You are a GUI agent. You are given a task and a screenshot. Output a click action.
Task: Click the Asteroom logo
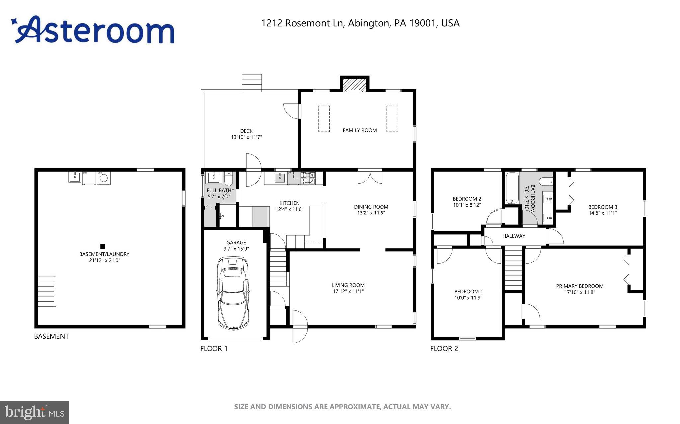tap(93, 30)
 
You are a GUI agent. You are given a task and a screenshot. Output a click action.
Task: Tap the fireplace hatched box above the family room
tap(355, 85)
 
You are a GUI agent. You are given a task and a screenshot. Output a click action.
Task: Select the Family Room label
tap(360, 130)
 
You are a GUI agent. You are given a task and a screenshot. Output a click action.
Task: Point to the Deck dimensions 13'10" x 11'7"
tap(246, 137)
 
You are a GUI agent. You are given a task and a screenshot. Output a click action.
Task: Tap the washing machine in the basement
tap(104, 178)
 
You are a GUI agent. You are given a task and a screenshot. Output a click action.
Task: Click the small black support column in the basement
tap(103, 246)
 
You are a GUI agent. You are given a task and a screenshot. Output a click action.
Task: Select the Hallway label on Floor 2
tap(514, 236)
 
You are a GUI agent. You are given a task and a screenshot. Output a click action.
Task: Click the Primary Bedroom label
tap(580, 286)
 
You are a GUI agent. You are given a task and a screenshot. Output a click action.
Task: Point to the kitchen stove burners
tap(308, 178)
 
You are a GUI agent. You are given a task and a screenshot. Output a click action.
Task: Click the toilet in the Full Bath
tap(229, 179)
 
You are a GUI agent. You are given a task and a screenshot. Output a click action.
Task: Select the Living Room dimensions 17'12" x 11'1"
tap(348, 291)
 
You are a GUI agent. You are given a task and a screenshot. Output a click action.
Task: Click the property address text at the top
tap(360, 23)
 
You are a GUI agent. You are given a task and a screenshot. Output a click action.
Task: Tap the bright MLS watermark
tap(35, 413)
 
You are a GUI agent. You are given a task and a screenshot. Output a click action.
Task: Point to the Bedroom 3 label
tap(603, 207)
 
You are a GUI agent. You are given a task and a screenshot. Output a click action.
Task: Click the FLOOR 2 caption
tap(444, 348)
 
